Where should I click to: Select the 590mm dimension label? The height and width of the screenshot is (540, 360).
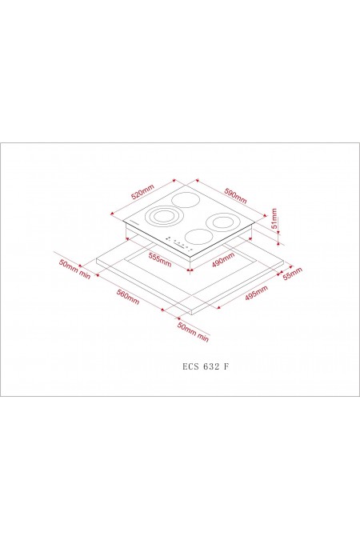point(235,194)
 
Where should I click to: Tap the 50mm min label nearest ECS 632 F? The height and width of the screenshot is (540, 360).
point(193,333)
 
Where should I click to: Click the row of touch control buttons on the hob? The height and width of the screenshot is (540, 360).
point(177,244)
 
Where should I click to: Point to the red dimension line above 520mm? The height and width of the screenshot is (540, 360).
point(141,186)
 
